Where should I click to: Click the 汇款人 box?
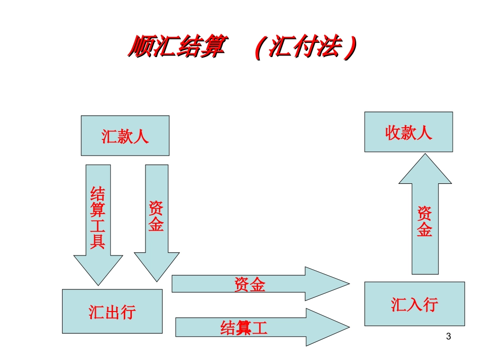(125, 136)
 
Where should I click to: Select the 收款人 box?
(408, 132)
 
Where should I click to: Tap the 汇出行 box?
(112, 312)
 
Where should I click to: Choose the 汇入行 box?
(414, 304)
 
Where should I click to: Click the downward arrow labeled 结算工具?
(98, 222)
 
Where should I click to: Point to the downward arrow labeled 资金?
(156, 222)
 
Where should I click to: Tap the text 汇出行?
(112, 312)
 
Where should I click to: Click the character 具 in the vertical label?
(98, 241)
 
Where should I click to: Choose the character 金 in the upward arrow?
(424, 230)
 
